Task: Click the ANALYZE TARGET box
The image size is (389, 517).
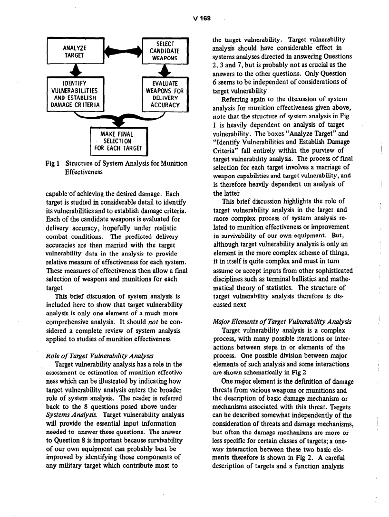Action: [75, 52]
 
